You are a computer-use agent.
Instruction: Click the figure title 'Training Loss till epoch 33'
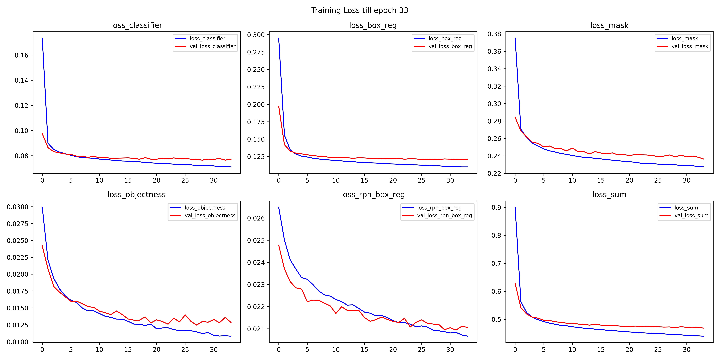click(x=360, y=10)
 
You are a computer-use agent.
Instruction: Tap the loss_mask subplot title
click(x=609, y=25)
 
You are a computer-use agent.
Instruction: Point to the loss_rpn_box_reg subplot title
click(x=373, y=195)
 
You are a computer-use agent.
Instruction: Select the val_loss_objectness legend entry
click(x=210, y=215)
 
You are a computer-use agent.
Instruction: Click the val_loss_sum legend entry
click(x=691, y=215)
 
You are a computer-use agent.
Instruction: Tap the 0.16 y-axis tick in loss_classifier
click(x=22, y=55)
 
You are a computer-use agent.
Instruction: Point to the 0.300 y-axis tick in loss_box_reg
click(x=256, y=35)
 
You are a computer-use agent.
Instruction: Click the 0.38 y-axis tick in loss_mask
click(x=494, y=34)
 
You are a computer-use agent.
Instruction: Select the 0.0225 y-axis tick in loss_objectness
click(x=18, y=257)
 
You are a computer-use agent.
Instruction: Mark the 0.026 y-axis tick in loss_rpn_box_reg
click(x=256, y=218)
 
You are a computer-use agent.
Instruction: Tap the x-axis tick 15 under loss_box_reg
click(x=364, y=181)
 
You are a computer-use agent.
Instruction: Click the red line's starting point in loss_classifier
click(x=42, y=134)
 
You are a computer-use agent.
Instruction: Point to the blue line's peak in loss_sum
click(x=515, y=207)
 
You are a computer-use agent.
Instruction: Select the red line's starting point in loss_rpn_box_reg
click(x=279, y=245)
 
